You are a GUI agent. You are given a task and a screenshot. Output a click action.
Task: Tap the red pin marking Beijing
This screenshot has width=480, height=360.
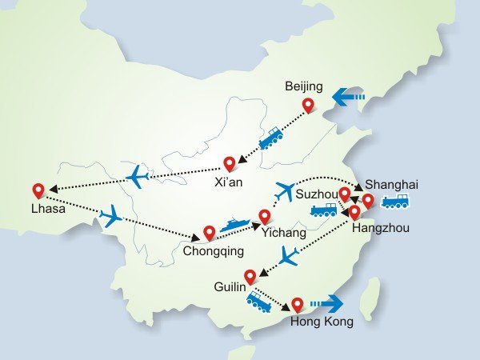click(308, 105)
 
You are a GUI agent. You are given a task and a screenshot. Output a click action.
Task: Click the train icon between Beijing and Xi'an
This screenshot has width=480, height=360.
click(270, 138)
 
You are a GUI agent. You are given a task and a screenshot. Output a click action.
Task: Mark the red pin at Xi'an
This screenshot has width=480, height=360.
click(230, 164)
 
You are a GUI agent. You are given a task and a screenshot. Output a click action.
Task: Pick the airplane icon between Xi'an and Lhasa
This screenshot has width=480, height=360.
click(138, 176)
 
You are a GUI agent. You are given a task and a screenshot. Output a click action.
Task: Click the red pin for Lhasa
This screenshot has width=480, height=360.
click(38, 191)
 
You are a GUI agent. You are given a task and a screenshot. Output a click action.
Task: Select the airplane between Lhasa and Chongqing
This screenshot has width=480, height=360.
click(110, 215)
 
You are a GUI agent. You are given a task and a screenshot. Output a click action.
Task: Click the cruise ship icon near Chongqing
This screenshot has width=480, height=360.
click(234, 226)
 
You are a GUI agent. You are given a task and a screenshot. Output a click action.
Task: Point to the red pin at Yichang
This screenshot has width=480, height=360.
click(264, 216)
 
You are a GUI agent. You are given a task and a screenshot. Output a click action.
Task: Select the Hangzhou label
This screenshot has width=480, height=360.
click(380, 229)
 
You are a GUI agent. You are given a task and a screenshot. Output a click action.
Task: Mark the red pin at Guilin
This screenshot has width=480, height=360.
click(250, 277)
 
